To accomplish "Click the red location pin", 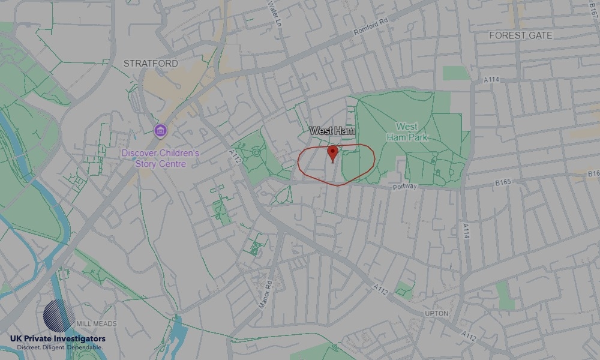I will point(332,152).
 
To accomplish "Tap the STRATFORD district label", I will point(150,63).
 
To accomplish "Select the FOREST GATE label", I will point(520,35).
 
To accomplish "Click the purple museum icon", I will point(160,130).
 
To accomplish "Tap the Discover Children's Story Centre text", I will point(160,158).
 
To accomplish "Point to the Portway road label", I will point(404,187).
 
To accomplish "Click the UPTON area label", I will point(419,314).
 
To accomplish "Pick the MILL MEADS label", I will point(96,323).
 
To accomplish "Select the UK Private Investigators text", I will point(58,339).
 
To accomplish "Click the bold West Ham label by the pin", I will point(332,130).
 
